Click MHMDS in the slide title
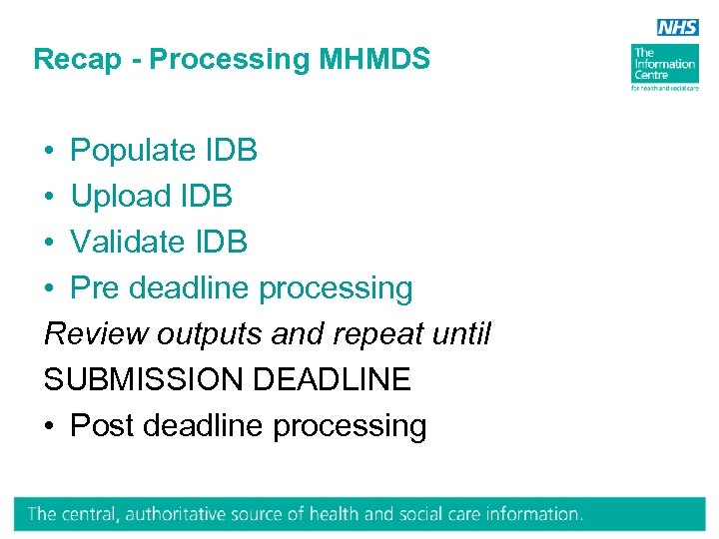pos(374,60)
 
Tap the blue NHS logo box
pos(677,28)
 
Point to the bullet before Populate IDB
pos(49,151)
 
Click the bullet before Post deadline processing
pos(49,426)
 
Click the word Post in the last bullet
pos(103,426)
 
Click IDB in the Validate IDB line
pos(221,243)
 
